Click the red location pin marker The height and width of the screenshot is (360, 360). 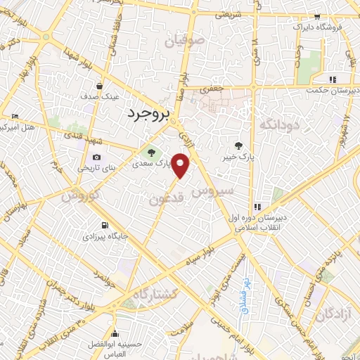(181, 165)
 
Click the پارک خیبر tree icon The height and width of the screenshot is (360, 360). (240, 146)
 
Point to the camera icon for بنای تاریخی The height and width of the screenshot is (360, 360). (96, 157)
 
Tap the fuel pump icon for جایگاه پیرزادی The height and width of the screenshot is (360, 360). (105, 226)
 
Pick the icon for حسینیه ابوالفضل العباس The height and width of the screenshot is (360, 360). (115, 333)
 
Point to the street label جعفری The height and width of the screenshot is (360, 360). (210, 89)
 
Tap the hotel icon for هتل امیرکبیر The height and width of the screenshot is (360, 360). (15, 116)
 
